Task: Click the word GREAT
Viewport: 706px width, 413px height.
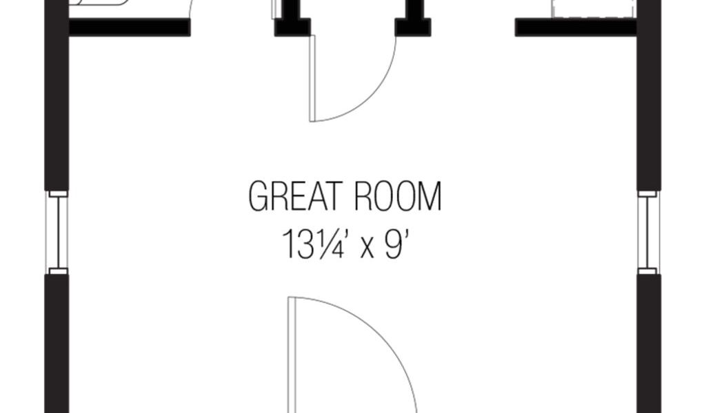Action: (x=294, y=197)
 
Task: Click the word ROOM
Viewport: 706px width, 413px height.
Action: (x=396, y=197)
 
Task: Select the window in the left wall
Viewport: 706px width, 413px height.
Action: (x=58, y=232)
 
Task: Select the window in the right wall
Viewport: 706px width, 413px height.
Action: (x=648, y=232)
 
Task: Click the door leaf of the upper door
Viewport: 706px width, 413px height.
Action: (x=312, y=78)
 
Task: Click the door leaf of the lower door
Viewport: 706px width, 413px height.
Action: (x=292, y=354)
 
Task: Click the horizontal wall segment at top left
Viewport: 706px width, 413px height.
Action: (x=129, y=28)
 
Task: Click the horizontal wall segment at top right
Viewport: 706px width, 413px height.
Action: (x=576, y=28)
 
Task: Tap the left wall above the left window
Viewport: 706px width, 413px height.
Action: (x=57, y=103)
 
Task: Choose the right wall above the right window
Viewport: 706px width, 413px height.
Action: (x=649, y=103)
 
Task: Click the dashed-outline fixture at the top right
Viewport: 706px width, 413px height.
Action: (x=593, y=8)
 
